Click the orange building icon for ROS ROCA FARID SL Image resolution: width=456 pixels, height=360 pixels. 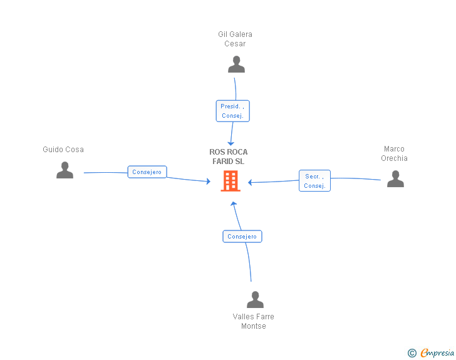231,181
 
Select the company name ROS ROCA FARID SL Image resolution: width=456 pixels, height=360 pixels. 229,157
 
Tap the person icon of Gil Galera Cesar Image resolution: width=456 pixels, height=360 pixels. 236,64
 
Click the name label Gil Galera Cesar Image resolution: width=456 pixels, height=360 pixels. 235,39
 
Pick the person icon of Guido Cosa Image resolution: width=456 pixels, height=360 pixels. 65,170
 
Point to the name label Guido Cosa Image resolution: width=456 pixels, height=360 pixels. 63,150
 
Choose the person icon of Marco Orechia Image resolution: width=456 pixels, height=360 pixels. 395,179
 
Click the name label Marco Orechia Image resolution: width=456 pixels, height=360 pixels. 395,154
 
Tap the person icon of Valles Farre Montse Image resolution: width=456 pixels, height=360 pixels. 255,300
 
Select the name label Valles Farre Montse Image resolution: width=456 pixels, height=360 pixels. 254,321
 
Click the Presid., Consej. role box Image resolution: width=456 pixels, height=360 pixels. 232,111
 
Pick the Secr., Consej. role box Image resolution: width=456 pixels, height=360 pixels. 314,181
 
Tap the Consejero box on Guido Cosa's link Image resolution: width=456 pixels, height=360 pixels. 147,172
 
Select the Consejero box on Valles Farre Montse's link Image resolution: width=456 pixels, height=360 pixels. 242,236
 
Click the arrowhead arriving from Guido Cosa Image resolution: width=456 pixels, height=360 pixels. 209,182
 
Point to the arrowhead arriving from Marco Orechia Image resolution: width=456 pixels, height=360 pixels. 250,183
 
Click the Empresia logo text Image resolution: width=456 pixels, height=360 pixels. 438,353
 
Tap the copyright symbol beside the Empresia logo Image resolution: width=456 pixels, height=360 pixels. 412,354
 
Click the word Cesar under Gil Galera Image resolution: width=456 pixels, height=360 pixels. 235,44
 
